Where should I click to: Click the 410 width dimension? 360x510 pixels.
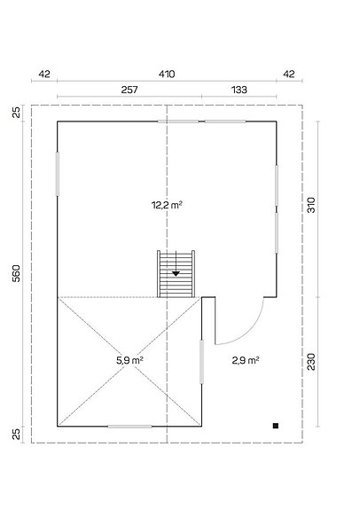[166, 75]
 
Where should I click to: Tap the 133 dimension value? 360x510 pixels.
[239, 91]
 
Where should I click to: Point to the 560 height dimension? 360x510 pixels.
[16, 274]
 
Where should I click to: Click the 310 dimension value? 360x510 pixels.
[311, 206]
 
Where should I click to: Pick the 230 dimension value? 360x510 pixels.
[311, 362]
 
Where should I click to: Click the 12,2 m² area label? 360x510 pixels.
[166, 205]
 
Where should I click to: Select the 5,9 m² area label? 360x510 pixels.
[129, 360]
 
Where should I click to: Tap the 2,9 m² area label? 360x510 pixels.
[245, 360]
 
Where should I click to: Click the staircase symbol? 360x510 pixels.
[176, 274]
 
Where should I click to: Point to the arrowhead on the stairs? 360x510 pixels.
[176, 274]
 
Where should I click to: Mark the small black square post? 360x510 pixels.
[277, 426]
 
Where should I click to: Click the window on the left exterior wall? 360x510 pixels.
[58, 174]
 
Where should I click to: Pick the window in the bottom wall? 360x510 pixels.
[129, 427]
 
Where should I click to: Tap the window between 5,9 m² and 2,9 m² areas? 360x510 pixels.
[202, 361]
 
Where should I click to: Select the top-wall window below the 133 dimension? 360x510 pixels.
[225, 121]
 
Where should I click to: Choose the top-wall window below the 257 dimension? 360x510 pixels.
[184, 121]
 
